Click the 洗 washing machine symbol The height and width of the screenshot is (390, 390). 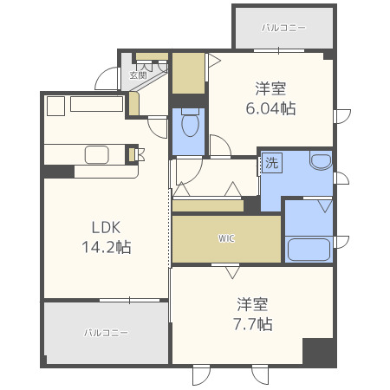click(x=271, y=162)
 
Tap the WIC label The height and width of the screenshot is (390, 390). click(x=226, y=238)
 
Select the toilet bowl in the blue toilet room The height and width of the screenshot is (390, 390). click(x=190, y=125)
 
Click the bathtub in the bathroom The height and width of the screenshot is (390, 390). click(x=309, y=250)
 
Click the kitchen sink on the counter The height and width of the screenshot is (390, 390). click(x=96, y=155)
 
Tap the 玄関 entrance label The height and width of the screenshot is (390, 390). click(x=139, y=75)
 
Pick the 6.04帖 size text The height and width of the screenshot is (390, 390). click(x=271, y=108)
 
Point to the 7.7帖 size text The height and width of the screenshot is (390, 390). click(x=254, y=324)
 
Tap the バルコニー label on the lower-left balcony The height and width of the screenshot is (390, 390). click(x=106, y=333)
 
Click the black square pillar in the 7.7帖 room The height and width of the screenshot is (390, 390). click(x=318, y=352)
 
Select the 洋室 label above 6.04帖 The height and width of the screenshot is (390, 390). click(x=271, y=88)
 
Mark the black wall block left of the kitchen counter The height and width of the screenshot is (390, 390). click(x=58, y=172)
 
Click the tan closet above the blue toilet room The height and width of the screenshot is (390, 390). click(x=187, y=75)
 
